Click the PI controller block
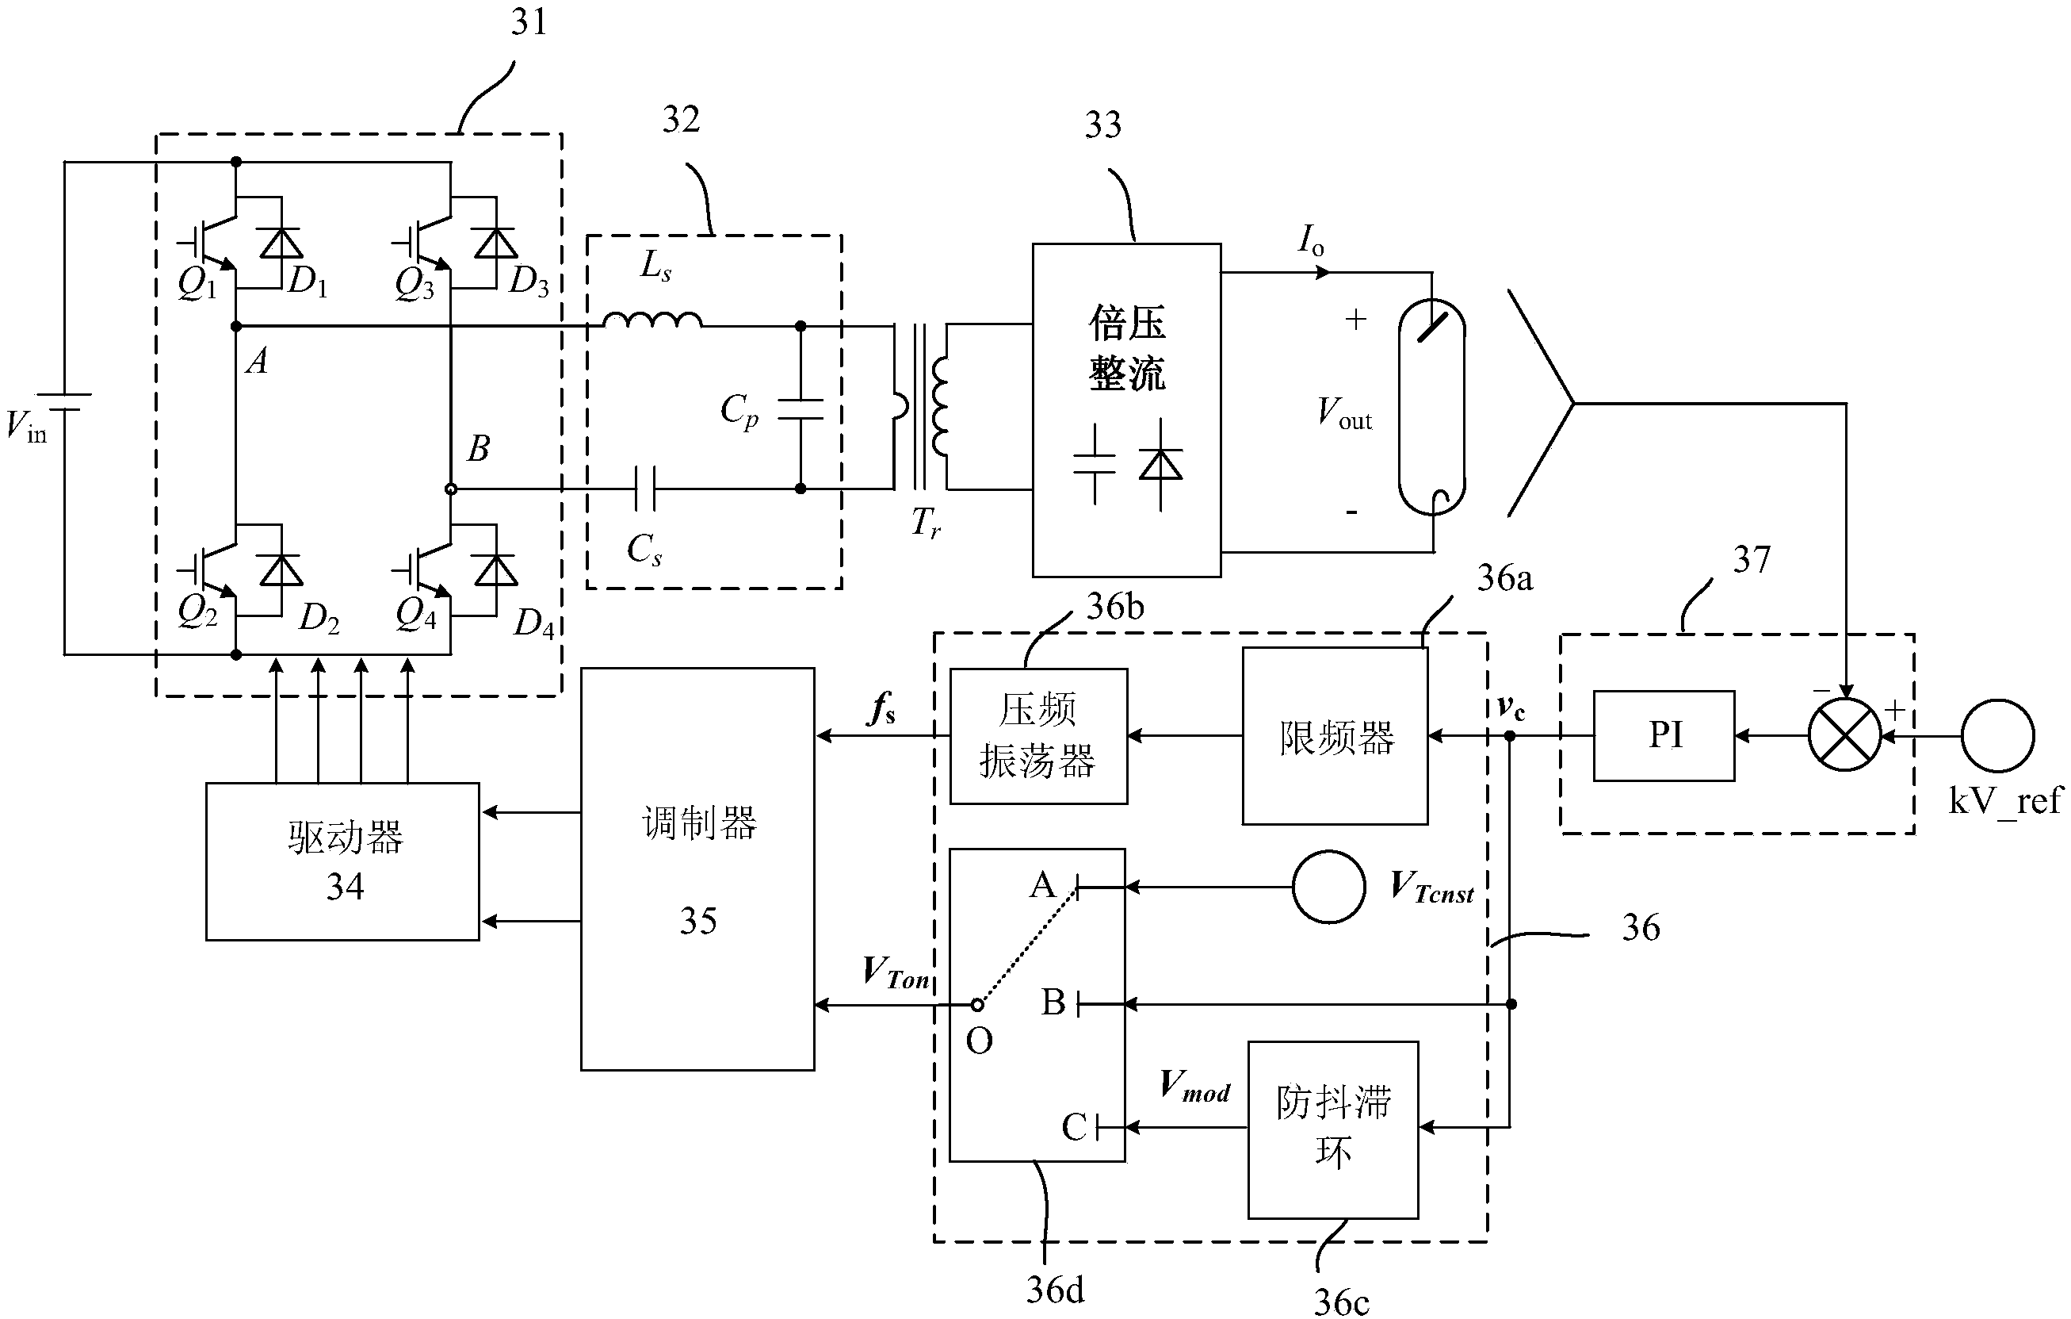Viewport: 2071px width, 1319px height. (x=1664, y=736)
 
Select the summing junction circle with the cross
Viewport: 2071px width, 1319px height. (x=1844, y=736)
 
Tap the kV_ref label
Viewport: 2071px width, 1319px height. (x=2004, y=801)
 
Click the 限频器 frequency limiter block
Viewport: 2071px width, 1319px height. (x=1335, y=737)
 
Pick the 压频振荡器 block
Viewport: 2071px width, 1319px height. (x=1038, y=737)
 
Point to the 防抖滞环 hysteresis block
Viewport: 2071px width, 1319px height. (x=1333, y=1129)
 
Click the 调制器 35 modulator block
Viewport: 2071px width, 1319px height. (x=697, y=869)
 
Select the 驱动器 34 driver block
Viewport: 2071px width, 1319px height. (x=342, y=861)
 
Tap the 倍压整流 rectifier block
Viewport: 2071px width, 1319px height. (x=1127, y=409)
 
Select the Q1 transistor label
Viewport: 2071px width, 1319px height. (x=197, y=284)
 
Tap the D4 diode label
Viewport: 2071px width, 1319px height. (x=533, y=622)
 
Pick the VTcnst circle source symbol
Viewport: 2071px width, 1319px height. (x=1329, y=887)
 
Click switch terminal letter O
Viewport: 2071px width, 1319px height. (x=979, y=1041)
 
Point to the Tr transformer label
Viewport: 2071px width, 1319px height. (x=926, y=522)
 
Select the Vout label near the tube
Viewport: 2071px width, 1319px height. (x=1344, y=414)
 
